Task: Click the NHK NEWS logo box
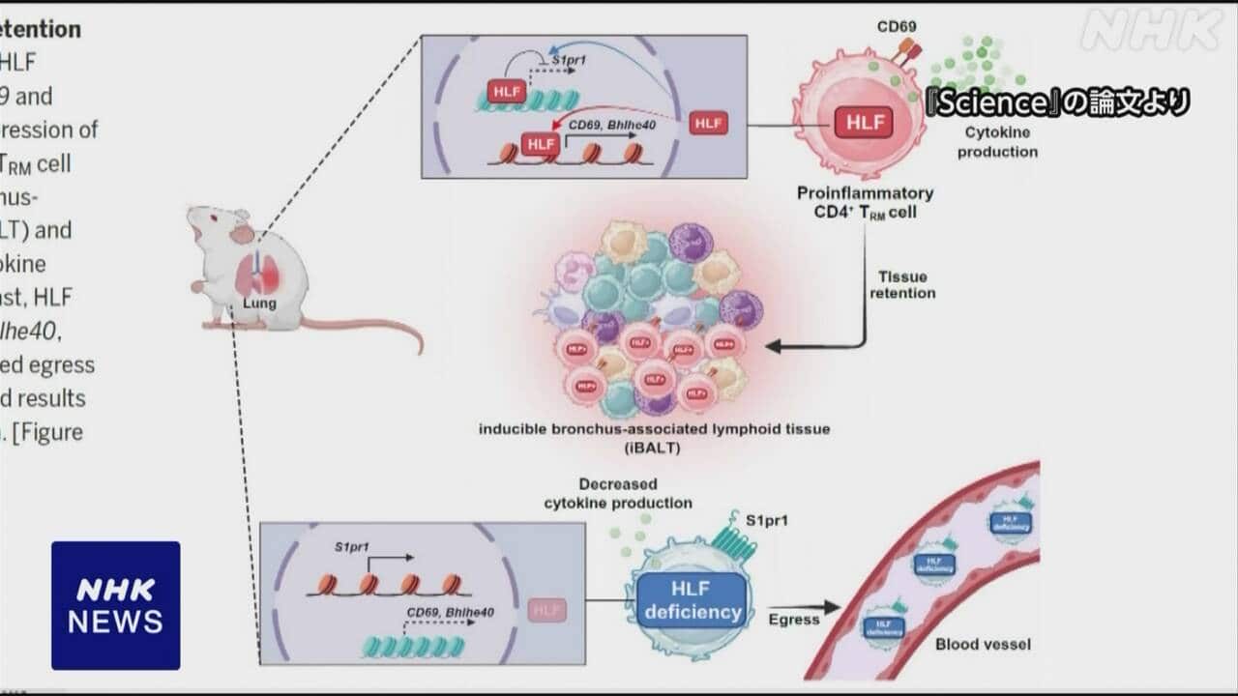115,605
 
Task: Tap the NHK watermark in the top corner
1150,30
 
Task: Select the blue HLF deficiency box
693,600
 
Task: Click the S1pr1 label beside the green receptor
768,521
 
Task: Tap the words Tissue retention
902,284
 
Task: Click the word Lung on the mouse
259,303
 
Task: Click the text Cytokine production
997,142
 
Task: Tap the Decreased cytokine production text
618,493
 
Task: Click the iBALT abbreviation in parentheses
654,446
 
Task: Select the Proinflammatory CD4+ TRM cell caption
865,203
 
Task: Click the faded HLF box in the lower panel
547,610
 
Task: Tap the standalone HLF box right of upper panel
708,124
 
